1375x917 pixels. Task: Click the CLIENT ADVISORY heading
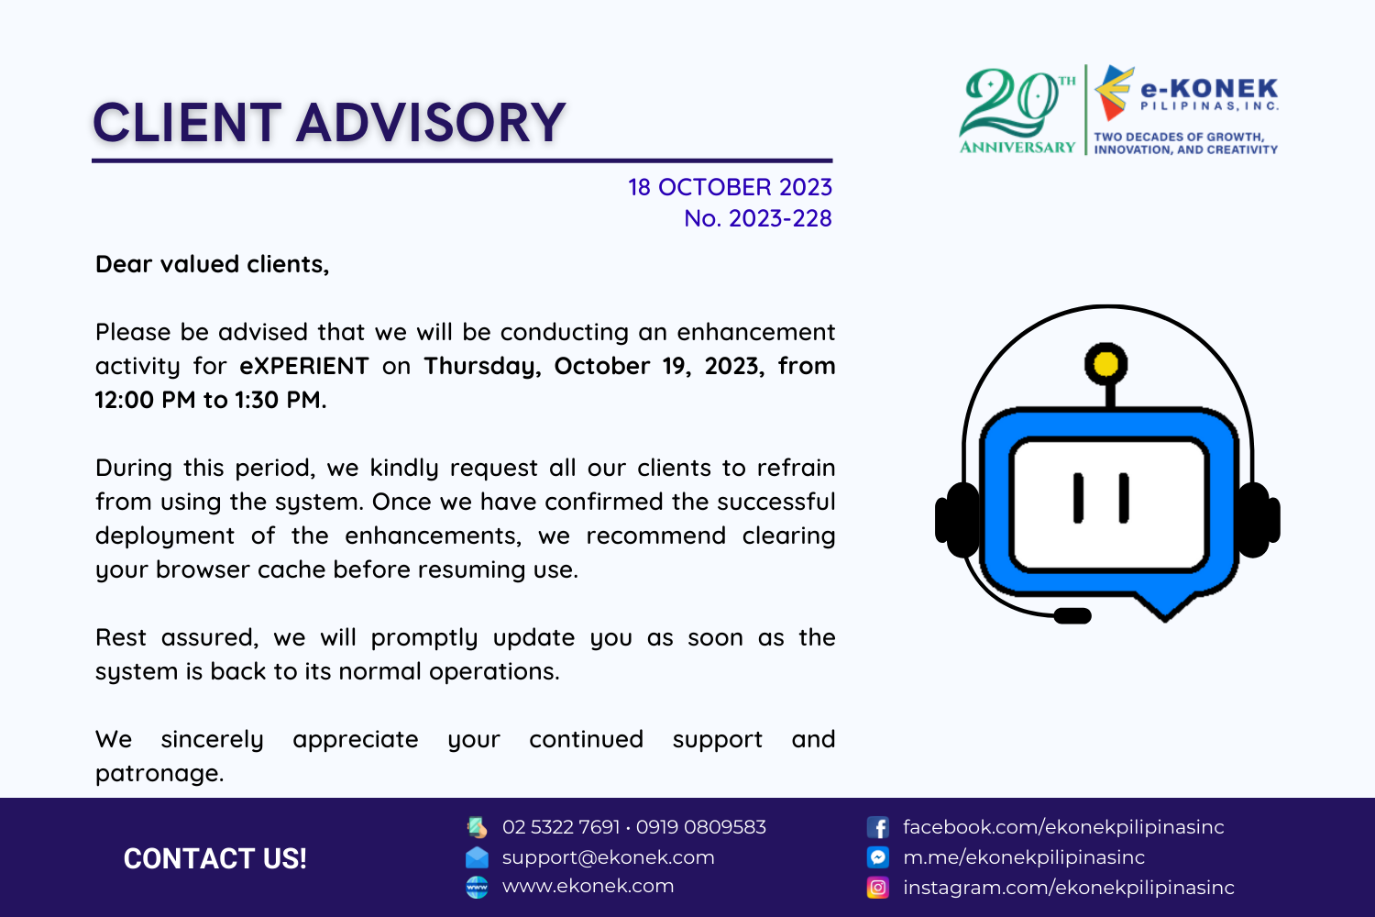(329, 122)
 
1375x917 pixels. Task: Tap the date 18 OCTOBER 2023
(730, 187)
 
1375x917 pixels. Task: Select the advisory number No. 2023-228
(758, 218)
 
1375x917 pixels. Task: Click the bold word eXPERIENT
(304, 366)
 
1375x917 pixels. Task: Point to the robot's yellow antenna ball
(1105, 364)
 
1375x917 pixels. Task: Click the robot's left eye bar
(1078, 498)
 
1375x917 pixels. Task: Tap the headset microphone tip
(1072, 615)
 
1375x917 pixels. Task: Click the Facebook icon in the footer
(878, 827)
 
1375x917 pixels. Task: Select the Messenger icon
(878, 856)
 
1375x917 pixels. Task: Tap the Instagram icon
(878, 888)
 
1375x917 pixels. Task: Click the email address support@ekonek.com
(609, 857)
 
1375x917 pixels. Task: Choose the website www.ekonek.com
(588, 886)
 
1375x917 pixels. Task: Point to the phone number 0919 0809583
(701, 827)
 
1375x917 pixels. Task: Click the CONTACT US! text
(214, 858)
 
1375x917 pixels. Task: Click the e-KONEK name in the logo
(1209, 89)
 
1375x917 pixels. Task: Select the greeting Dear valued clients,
(213, 265)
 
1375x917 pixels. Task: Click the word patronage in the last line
(159, 774)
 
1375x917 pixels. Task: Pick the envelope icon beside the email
(477, 857)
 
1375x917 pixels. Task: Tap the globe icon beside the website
(477, 888)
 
